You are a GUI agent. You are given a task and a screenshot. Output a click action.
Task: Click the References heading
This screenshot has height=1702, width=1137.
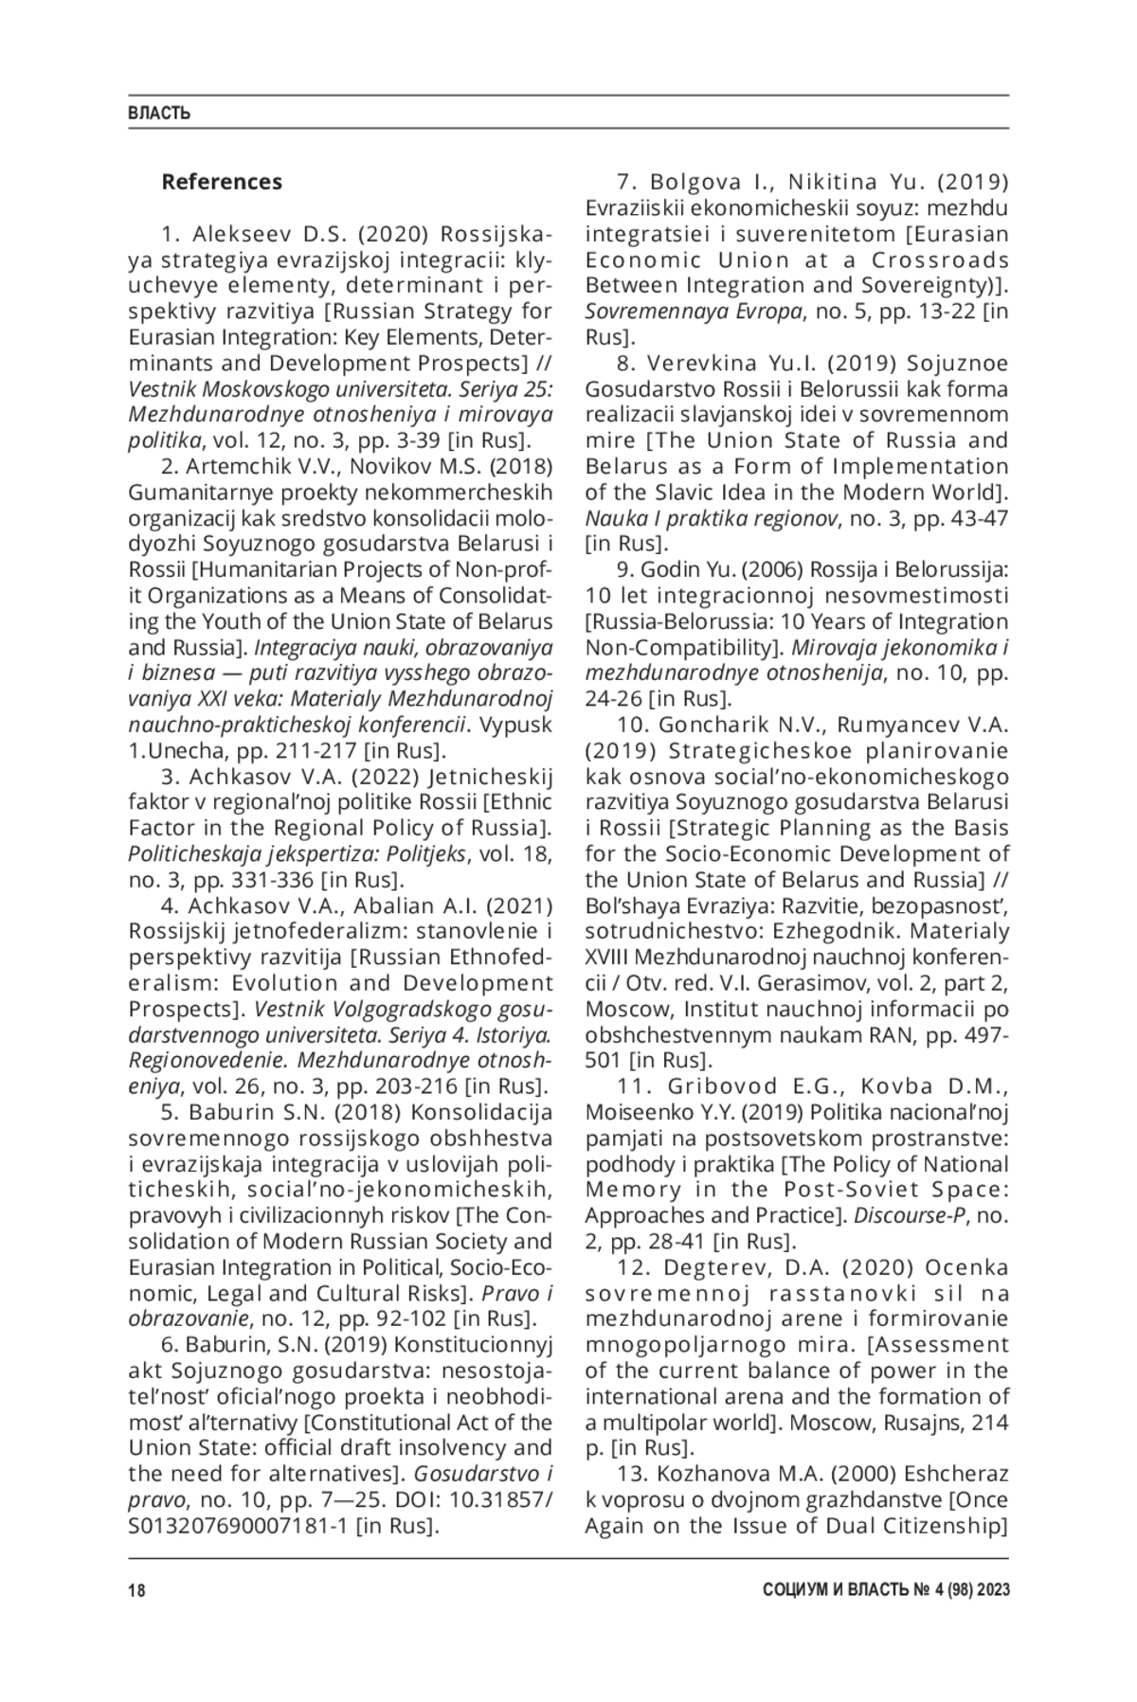(x=222, y=181)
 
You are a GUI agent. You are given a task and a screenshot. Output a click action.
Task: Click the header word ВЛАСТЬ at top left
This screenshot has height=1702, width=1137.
(x=159, y=114)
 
